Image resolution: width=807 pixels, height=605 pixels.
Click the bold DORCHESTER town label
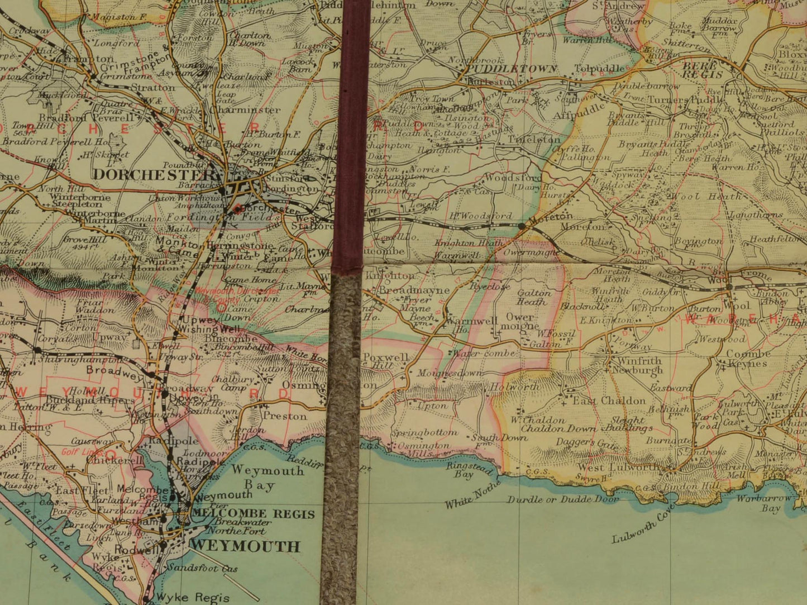tap(150, 174)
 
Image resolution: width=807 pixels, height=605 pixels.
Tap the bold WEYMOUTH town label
tap(245, 546)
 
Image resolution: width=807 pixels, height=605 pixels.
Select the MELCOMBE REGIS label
tap(253, 514)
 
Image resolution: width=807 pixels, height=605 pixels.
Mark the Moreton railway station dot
tap(521, 226)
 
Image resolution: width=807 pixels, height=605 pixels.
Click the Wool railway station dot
tap(729, 287)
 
